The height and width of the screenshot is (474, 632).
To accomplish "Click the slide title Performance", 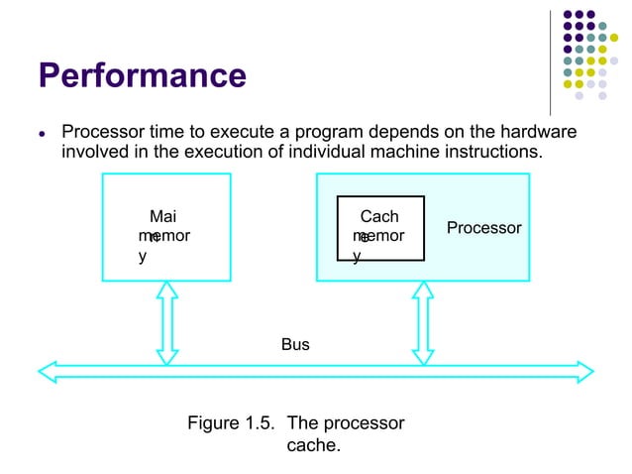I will (x=142, y=75).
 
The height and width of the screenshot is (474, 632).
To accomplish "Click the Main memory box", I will (x=166, y=227).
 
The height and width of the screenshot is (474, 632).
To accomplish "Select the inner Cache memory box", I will (x=380, y=228).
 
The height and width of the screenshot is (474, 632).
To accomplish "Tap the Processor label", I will (x=483, y=228).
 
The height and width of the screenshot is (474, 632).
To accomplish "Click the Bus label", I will (x=295, y=345).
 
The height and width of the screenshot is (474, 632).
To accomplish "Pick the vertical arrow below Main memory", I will (x=166, y=321).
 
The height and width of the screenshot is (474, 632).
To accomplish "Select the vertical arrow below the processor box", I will (x=423, y=321).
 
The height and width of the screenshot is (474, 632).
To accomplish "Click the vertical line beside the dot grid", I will (x=550, y=61).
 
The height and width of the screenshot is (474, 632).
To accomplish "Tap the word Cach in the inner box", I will (x=379, y=216).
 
